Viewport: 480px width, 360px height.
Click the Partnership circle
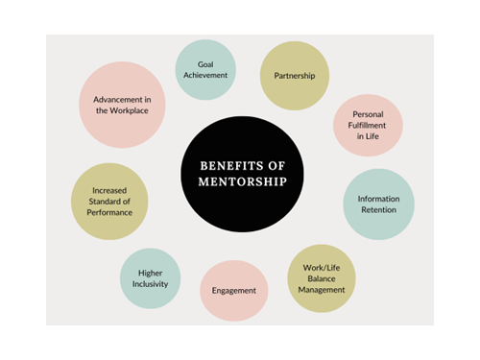coord(295,75)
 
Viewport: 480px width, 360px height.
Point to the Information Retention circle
coord(378,204)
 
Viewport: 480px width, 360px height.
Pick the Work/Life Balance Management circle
coord(322,277)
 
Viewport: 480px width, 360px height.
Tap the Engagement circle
coord(233,290)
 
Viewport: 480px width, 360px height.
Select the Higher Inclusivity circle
coord(151,277)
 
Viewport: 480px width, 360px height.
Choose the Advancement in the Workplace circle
coord(121,105)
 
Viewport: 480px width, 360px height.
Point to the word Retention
coord(378,211)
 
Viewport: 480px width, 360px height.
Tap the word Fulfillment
coord(368,126)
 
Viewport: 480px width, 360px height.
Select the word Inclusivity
coord(151,284)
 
